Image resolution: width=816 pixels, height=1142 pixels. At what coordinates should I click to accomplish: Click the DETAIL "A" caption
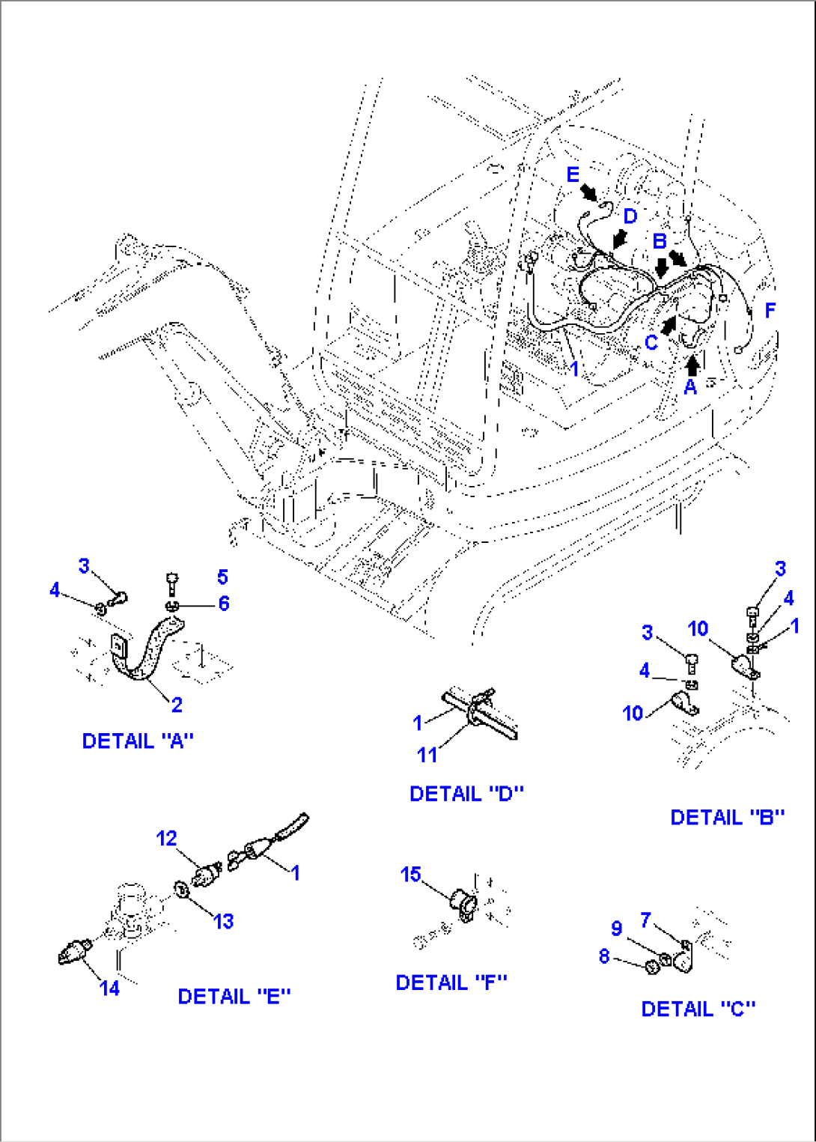(x=138, y=741)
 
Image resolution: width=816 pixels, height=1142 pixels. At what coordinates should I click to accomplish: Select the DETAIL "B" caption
(x=727, y=817)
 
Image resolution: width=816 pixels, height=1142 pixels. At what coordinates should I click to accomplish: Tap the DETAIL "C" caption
(x=698, y=1009)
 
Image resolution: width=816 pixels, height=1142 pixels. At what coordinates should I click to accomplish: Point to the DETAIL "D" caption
(x=466, y=793)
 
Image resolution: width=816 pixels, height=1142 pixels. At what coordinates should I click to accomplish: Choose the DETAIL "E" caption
(x=234, y=996)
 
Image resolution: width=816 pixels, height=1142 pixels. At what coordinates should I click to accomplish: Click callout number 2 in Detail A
(x=177, y=704)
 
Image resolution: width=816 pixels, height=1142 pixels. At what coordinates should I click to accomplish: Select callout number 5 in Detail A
(x=222, y=577)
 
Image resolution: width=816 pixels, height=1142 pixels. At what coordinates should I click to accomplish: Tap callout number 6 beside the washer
(x=223, y=603)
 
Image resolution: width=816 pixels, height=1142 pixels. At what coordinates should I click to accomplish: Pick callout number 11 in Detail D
(x=427, y=754)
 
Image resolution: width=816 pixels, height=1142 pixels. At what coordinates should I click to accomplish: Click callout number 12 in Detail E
(x=166, y=838)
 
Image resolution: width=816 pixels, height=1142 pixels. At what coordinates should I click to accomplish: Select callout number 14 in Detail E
(x=109, y=988)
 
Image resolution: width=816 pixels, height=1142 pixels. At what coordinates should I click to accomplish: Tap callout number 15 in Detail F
(x=410, y=874)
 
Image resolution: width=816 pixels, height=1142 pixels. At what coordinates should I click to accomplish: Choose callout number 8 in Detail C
(x=604, y=956)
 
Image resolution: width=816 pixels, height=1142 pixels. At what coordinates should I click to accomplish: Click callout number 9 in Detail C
(x=616, y=928)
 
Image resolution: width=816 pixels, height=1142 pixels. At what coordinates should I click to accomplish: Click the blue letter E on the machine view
(x=573, y=174)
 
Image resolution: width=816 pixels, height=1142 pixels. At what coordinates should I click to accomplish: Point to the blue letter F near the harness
(x=770, y=310)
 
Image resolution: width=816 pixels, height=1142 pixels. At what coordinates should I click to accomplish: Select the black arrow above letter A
(x=692, y=364)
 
